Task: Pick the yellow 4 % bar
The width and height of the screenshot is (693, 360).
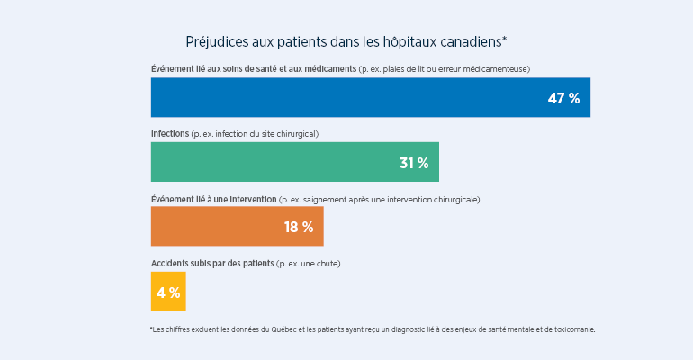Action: click(167, 292)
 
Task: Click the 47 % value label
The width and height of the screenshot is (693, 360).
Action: click(563, 98)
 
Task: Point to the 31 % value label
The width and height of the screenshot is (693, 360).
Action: click(414, 163)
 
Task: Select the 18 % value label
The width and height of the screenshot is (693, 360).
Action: click(299, 228)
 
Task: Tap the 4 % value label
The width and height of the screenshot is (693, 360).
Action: click(168, 292)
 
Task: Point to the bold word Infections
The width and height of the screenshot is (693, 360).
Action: click(170, 134)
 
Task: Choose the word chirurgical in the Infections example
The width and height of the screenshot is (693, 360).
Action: click(293, 134)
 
